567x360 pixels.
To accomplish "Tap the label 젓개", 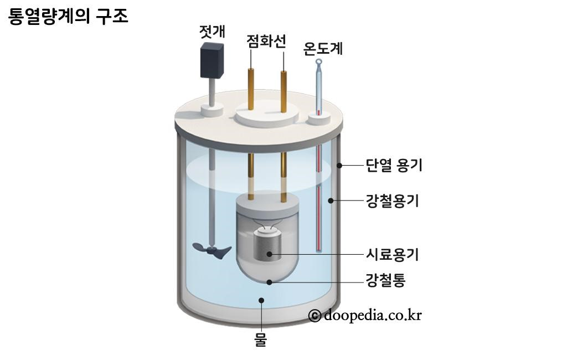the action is click(x=212, y=32).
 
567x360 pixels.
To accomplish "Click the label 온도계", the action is click(x=323, y=49).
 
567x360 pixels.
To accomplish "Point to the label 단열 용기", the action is click(x=394, y=165).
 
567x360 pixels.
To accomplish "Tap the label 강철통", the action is click(x=386, y=281).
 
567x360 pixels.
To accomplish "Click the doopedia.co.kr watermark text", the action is click(x=373, y=315).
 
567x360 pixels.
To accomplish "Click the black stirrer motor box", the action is click(x=212, y=61).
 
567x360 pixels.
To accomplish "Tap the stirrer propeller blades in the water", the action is click(x=211, y=251).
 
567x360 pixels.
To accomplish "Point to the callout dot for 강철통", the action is click(x=270, y=282).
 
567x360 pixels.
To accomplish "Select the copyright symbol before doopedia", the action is click(x=315, y=316).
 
